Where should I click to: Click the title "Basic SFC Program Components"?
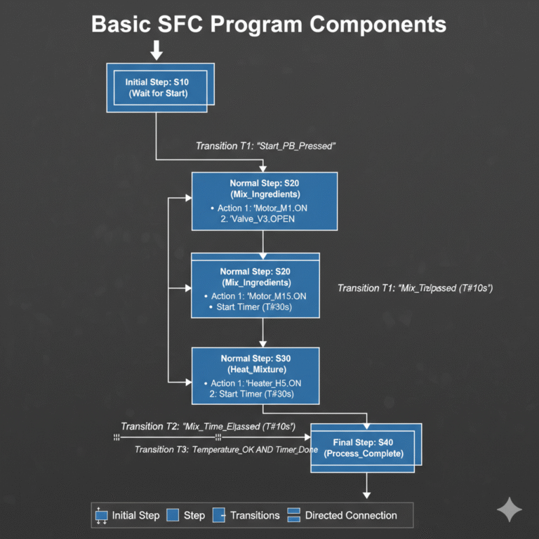[x=269, y=24]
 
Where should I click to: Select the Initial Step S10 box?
[x=157, y=87]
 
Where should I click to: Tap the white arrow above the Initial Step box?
[x=157, y=50]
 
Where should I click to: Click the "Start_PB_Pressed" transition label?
[x=266, y=146]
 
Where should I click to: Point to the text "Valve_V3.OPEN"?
[x=258, y=219]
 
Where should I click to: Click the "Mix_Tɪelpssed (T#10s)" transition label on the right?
[x=415, y=288]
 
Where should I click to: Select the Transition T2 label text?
[x=208, y=426]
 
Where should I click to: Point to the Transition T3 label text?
[x=226, y=449]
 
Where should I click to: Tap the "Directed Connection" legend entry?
[x=343, y=515]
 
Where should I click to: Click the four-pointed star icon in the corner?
[x=509, y=510]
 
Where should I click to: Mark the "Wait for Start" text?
[x=157, y=93]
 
